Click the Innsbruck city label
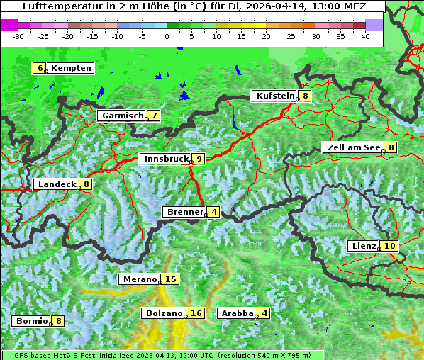[x=165, y=159]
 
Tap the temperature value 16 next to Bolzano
[x=196, y=313]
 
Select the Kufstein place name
[x=274, y=96]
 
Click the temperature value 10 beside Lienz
[x=390, y=246]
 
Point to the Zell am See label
[x=352, y=147]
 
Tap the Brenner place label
[x=184, y=212]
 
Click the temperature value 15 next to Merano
[x=170, y=279]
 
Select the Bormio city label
[x=31, y=321]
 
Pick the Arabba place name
[x=236, y=313]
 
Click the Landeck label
[x=56, y=184]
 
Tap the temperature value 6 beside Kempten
[x=40, y=68]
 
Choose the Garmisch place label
[x=122, y=116]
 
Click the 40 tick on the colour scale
[x=365, y=35]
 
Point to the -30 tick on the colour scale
[x=18, y=35]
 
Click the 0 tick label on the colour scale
[x=167, y=35]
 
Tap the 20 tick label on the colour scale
[x=266, y=35]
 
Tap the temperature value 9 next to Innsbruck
[x=199, y=159]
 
